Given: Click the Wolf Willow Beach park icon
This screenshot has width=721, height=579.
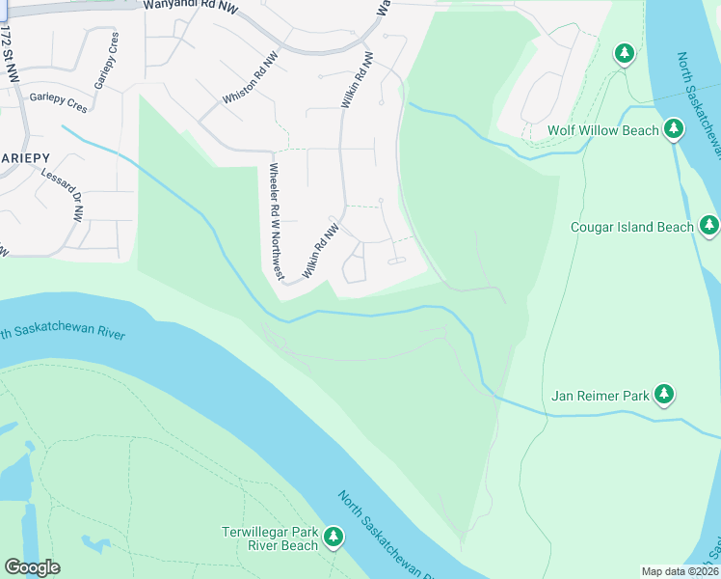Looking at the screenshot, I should pos(673,128).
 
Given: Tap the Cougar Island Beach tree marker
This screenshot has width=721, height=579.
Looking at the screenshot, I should pos(709,226).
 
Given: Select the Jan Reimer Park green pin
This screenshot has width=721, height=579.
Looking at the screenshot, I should pos(663,394).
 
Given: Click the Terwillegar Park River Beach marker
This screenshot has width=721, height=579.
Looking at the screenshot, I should pos(334,537).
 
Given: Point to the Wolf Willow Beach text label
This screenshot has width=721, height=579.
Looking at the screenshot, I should pos(603,130).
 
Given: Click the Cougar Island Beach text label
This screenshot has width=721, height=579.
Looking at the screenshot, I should pos(632,228).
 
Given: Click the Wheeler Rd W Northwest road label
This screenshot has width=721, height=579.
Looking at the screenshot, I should pos(276,222).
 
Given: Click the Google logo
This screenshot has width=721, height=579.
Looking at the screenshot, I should pos(32,567).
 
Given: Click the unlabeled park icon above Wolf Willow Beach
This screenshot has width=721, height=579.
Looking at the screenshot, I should pos(626,53).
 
